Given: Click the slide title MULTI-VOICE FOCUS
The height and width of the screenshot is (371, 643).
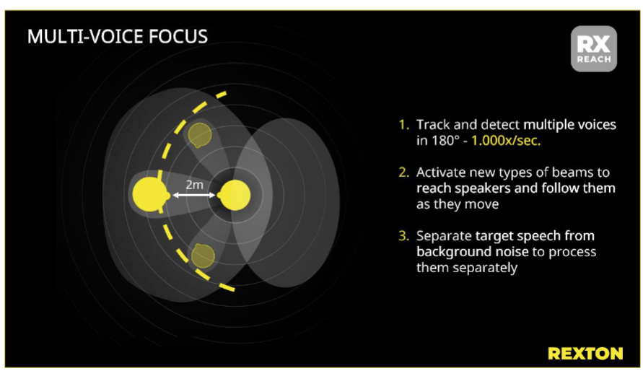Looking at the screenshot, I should tap(117, 37).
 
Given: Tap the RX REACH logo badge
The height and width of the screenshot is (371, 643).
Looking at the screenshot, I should tap(593, 48).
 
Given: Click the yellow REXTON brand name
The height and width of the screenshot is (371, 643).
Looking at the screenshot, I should tap(585, 353).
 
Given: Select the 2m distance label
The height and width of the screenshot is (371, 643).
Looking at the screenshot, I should tap(195, 184).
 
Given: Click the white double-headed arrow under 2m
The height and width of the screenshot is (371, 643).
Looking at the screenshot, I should tap(193, 196).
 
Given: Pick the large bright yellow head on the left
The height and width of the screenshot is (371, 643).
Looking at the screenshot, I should tap(149, 195).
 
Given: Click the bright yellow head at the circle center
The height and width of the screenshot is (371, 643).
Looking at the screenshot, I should tap(234, 196).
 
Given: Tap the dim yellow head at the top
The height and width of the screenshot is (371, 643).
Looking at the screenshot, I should tap(199, 135).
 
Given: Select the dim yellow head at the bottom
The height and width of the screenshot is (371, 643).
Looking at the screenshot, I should tap(202, 256).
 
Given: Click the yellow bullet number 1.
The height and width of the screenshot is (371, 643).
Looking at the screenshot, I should tap(403, 125).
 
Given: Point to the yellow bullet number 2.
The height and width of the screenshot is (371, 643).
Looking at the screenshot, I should tap(403, 173).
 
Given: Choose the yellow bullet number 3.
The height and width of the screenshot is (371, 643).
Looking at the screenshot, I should tap(403, 236).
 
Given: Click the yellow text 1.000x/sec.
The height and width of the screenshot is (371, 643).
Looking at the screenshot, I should tap(505, 141).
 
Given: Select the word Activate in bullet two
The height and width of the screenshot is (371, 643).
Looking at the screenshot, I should tap(441, 173).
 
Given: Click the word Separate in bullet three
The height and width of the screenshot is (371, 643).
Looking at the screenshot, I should tap(444, 236).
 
